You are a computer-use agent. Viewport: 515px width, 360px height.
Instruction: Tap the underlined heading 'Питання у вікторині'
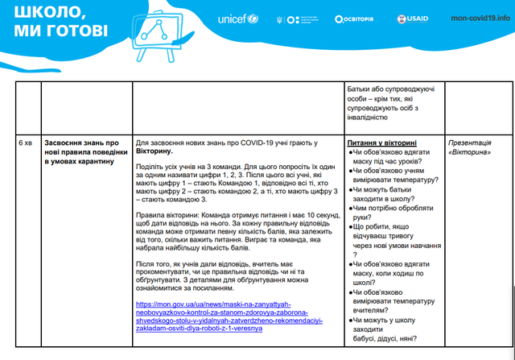coord(383,142)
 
